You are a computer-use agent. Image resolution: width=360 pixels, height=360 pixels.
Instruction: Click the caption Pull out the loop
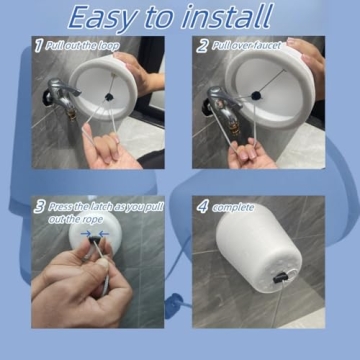click(85, 46)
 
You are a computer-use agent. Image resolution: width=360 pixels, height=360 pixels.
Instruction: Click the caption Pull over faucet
click(245, 46)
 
